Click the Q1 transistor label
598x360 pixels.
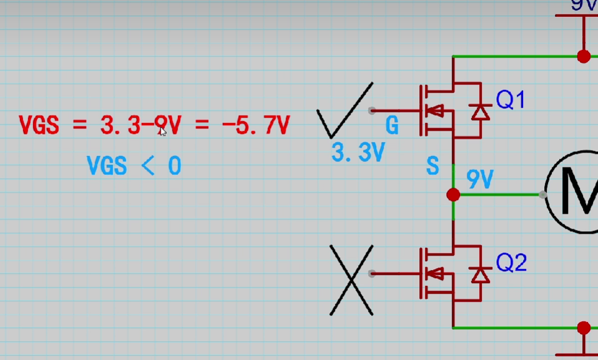[511, 99]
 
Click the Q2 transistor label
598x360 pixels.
[511, 263]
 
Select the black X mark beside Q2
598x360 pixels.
[352, 279]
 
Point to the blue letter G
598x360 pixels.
[392, 126]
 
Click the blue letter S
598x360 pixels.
[432, 166]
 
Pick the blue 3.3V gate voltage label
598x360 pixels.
[357, 152]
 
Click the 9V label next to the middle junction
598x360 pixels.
[480, 181]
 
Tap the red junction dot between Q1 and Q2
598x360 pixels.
[454, 195]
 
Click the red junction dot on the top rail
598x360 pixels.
[584, 57]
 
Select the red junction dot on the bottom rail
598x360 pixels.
[584, 327]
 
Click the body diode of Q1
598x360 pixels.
[480, 111]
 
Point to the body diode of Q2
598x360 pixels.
[480, 274]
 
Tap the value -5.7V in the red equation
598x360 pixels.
[256, 126]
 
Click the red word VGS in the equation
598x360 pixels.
[39, 126]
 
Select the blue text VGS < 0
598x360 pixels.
[134, 166]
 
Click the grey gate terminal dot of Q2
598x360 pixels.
[372, 274]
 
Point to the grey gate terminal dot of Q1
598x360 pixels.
[372, 111]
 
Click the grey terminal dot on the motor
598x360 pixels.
[542, 195]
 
